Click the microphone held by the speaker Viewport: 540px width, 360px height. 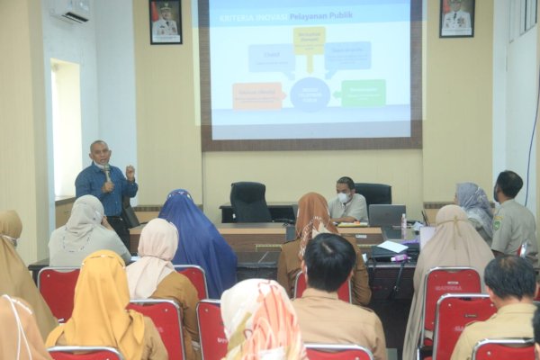tap(106, 170)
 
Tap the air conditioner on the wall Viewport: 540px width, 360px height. tap(70, 10)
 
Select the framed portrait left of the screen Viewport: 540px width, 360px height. tap(165, 21)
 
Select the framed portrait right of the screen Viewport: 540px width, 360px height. tap(456, 17)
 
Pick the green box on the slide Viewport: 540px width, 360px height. tap(363, 92)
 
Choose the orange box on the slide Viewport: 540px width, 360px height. tap(257, 95)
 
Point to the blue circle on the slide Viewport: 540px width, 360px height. tap(310, 94)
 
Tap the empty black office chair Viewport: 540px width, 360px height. tap(250, 202)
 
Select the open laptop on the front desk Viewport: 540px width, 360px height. tap(387, 215)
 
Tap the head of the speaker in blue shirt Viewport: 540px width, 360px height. tap(100, 151)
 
